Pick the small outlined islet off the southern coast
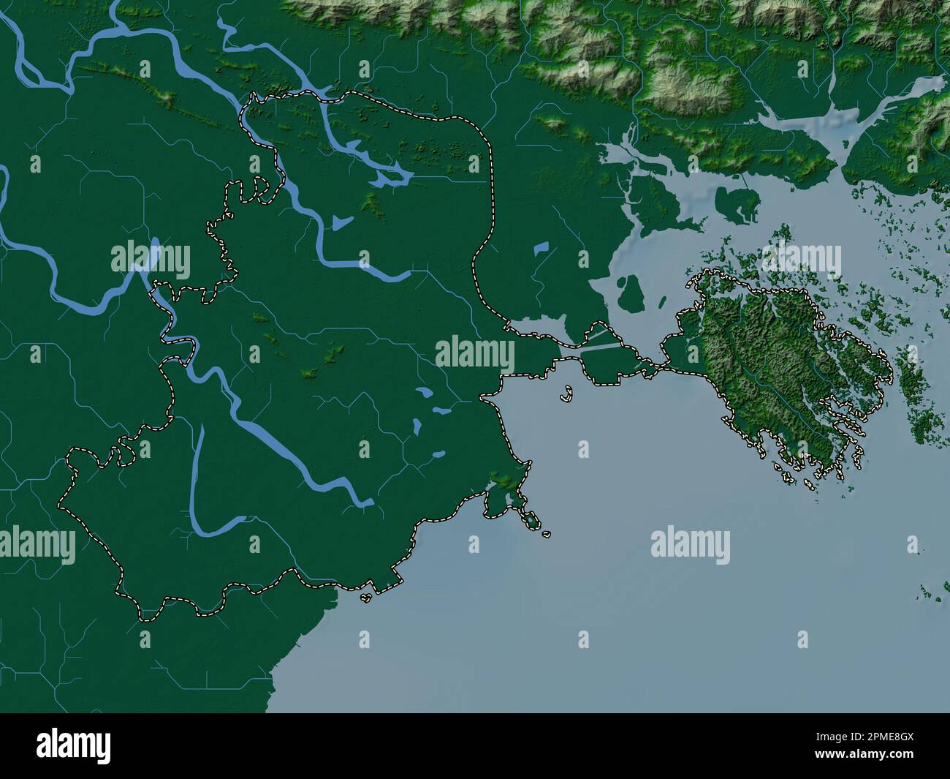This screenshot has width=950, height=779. point(365,598)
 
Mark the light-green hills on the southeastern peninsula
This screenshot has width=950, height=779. point(502,479)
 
